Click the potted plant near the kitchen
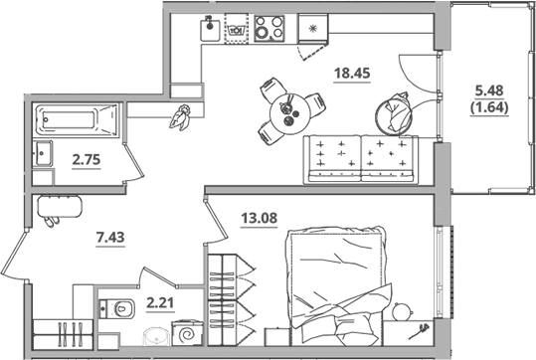pos(180,116)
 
